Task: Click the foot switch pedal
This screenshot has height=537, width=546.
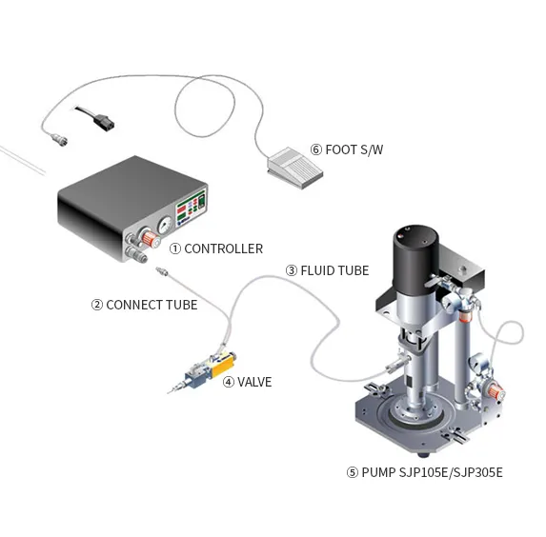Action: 295,168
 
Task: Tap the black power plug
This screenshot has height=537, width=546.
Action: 104,122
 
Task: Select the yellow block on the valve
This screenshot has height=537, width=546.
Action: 222,365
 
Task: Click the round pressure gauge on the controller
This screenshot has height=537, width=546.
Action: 165,225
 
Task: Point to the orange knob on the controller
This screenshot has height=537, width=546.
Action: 150,238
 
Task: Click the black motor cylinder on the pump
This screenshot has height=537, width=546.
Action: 415,256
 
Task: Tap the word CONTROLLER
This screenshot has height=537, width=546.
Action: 224,249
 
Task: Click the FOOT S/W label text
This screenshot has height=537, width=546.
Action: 354,149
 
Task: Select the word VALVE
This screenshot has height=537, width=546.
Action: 254,382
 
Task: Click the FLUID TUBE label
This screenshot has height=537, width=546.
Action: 334,270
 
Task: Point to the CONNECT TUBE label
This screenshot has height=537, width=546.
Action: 152,305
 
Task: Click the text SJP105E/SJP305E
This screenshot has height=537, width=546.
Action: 451,472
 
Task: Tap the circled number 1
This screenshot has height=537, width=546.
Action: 174,249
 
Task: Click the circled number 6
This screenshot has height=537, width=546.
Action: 315,149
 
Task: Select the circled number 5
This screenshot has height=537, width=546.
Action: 352,472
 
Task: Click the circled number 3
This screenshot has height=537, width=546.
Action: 292,270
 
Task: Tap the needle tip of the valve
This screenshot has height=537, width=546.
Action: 169,393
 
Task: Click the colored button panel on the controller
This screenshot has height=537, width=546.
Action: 191,208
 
